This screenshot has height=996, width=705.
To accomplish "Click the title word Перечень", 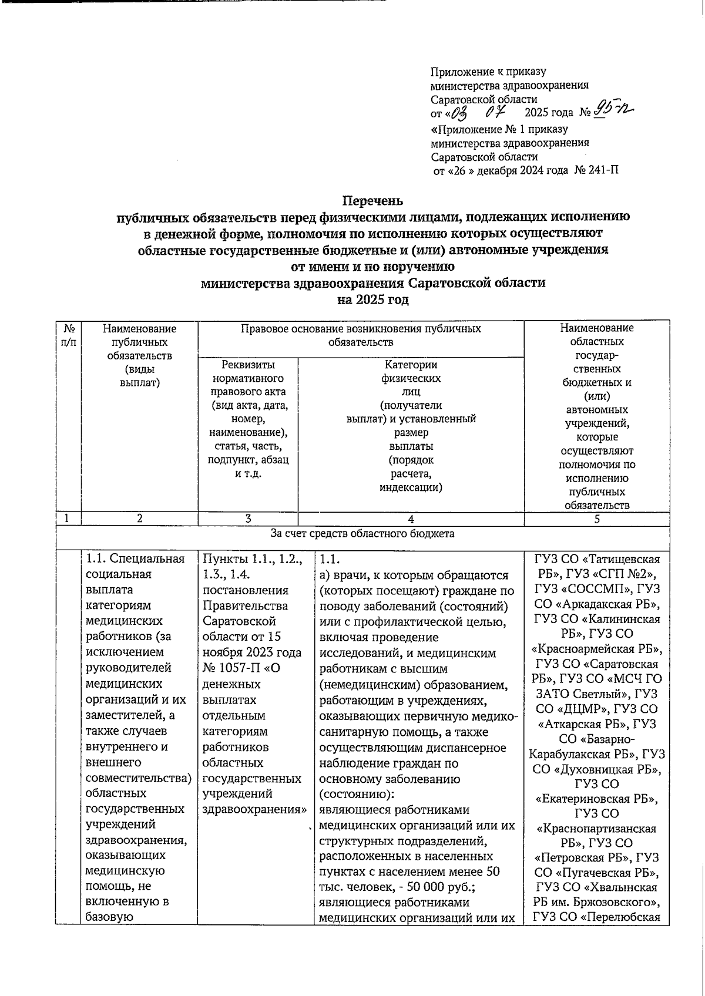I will pos(372,201).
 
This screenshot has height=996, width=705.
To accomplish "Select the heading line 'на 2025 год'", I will pos(372,300).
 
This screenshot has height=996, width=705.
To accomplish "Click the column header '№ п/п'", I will pos(68,335).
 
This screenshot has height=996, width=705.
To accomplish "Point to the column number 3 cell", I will pos(248,519).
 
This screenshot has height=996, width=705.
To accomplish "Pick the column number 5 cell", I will pos(596,519).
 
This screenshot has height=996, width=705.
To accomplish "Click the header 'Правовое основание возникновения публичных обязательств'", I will pos(361,335).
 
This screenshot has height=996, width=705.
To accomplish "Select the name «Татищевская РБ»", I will pos(597,567).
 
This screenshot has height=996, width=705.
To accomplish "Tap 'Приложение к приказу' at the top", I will pos(488,72).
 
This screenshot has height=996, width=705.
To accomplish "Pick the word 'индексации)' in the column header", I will pos(410,487).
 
